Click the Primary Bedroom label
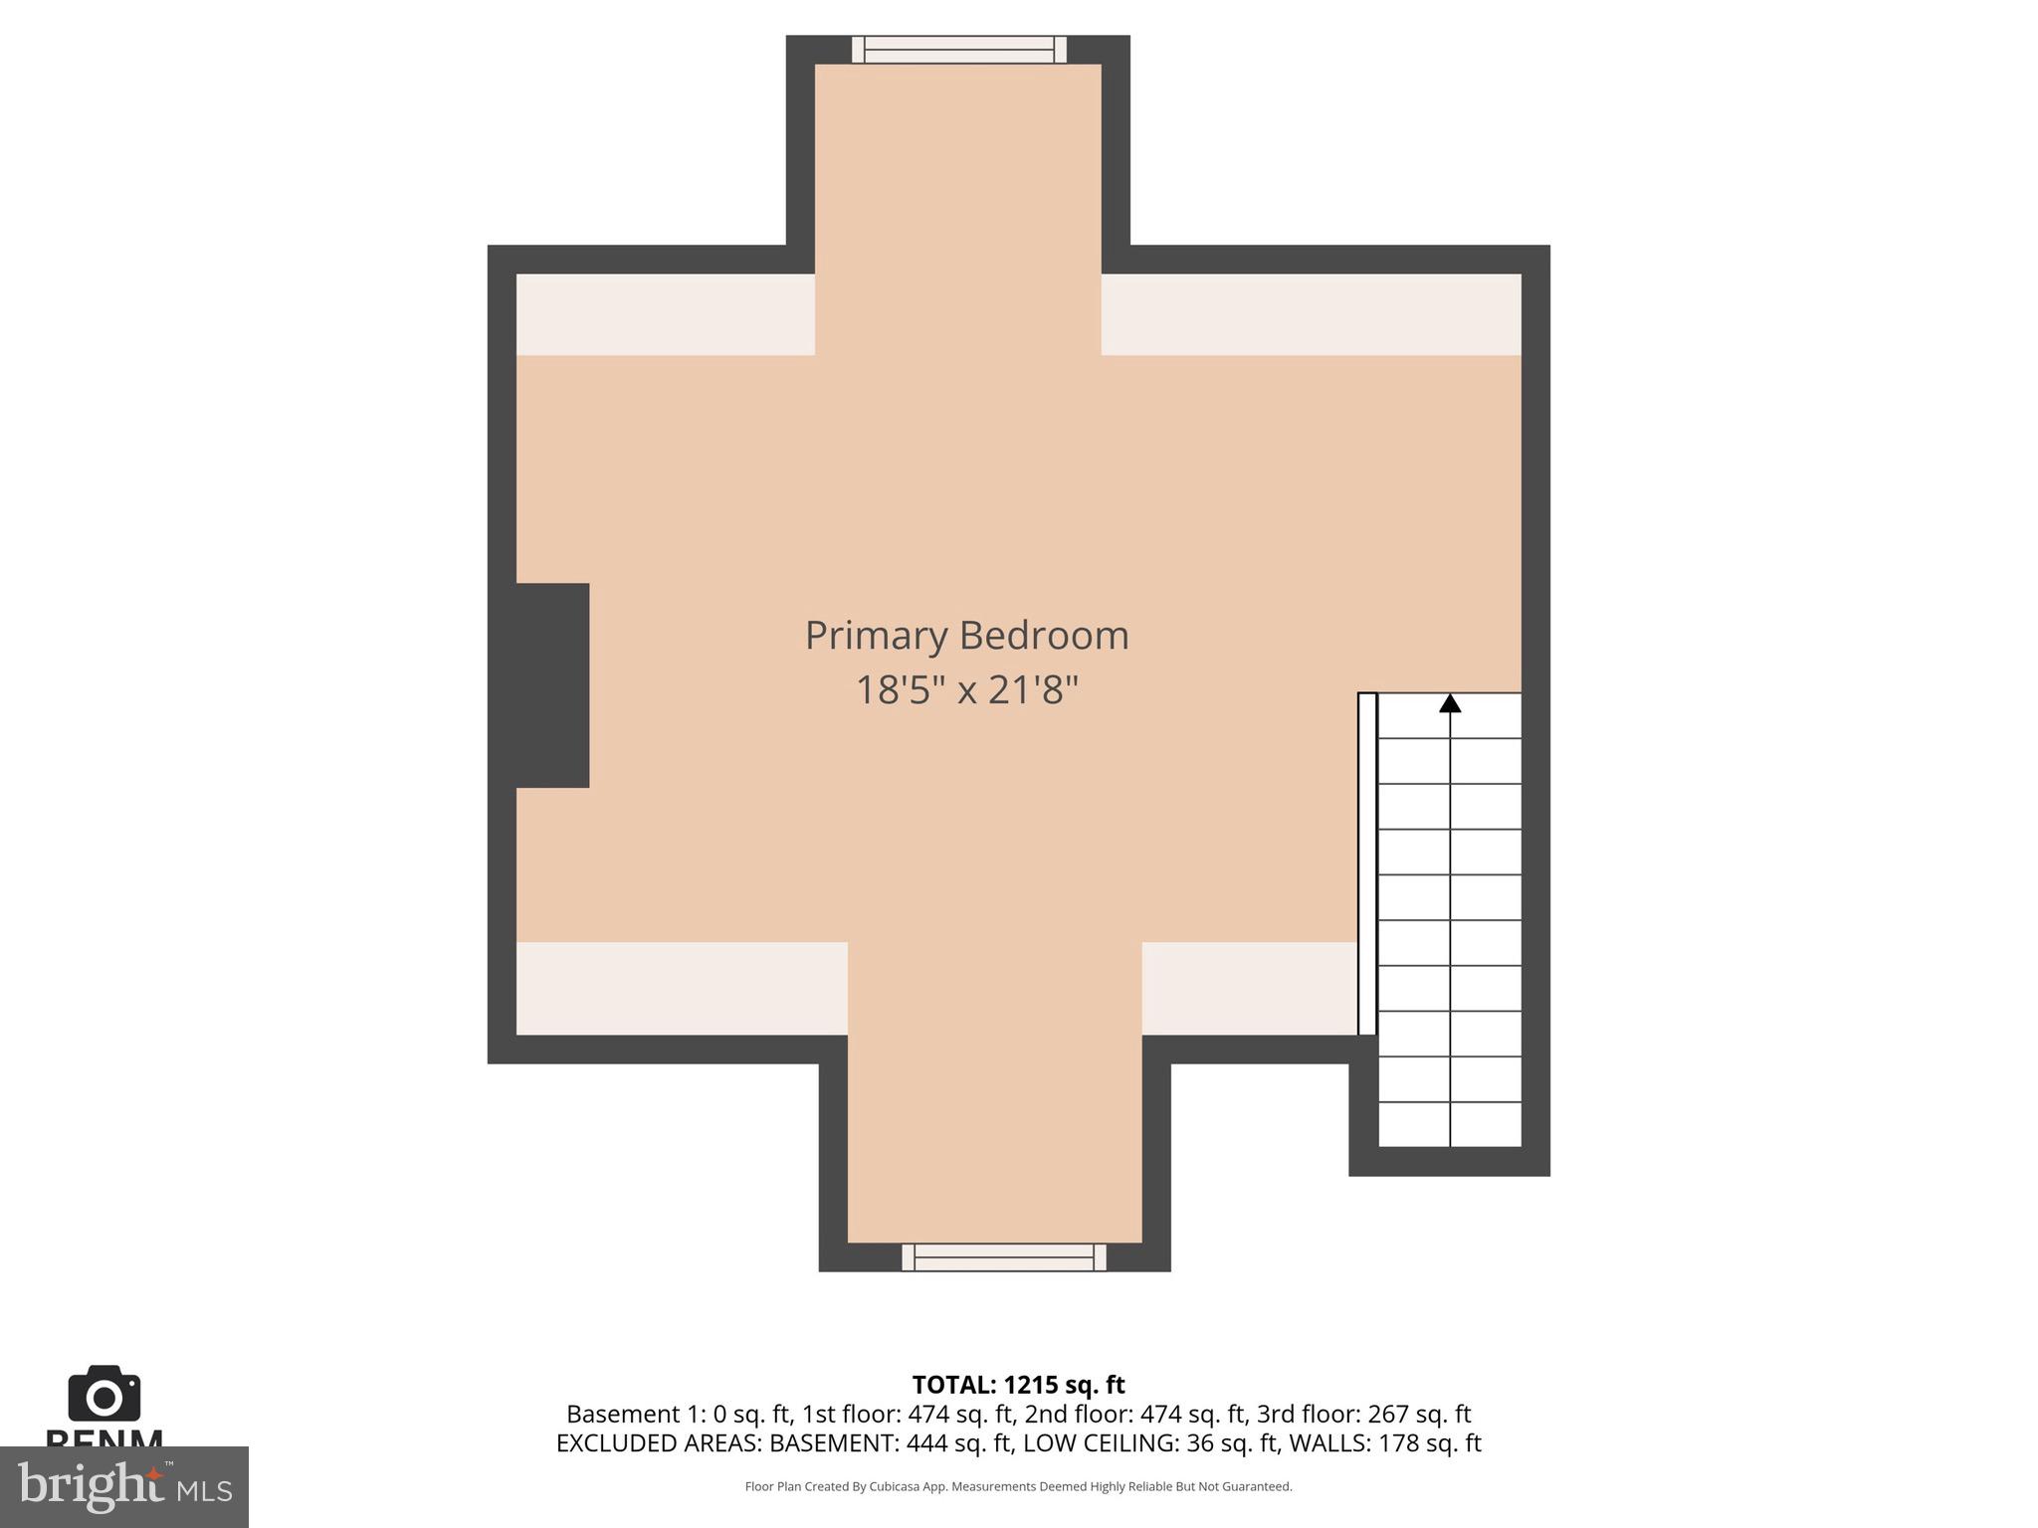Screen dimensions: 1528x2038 pyautogui.click(x=966, y=636)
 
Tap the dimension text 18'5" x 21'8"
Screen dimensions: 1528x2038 pyautogui.click(x=966, y=689)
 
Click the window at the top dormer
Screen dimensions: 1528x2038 pyautogui.click(x=958, y=50)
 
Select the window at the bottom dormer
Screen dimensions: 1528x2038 pyautogui.click(x=1004, y=1257)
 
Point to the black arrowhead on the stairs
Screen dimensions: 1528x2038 pyautogui.click(x=1450, y=704)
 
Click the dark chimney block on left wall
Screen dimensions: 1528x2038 pyautogui.click(x=552, y=685)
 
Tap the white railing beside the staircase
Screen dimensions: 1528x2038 pyautogui.click(x=1367, y=863)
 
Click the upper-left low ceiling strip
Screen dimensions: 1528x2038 pyautogui.click(x=665, y=314)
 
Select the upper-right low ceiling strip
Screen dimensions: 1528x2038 pyautogui.click(x=1311, y=314)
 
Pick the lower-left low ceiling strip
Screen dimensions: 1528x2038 pyautogui.click(x=682, y=988)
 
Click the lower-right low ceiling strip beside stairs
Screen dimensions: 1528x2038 pyautogui.click(x=1249, y=988)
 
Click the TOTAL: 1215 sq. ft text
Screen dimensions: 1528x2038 pyautogui.click(x=1018, y=1385)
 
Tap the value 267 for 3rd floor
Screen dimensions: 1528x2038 pyautogui.click(x=1388, y=1414)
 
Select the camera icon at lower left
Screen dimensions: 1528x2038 pyautogui.click(x=104, y=1395)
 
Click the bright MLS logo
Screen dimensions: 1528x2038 pyautogui.click(x=124, y=1487)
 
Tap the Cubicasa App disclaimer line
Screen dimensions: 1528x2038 pyautogui.click(x=1018, y=1486)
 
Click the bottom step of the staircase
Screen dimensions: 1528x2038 pyautogui.click(x=1450, y=1125)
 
